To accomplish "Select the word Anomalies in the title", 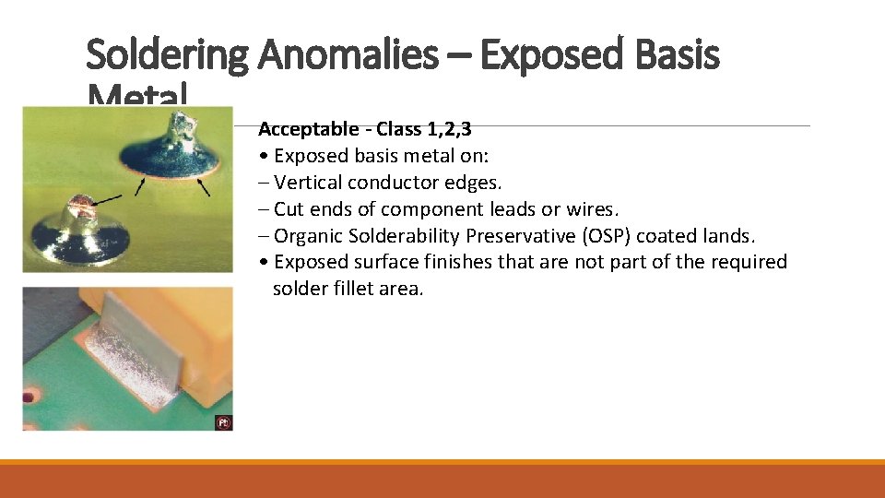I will coord(348,56).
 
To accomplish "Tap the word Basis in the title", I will coord(677,56).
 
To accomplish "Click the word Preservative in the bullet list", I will coord(511,236).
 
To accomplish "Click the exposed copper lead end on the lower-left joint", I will coord(77,201).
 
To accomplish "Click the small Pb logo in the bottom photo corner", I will coord(222,422).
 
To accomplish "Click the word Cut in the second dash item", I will coord(289,209).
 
